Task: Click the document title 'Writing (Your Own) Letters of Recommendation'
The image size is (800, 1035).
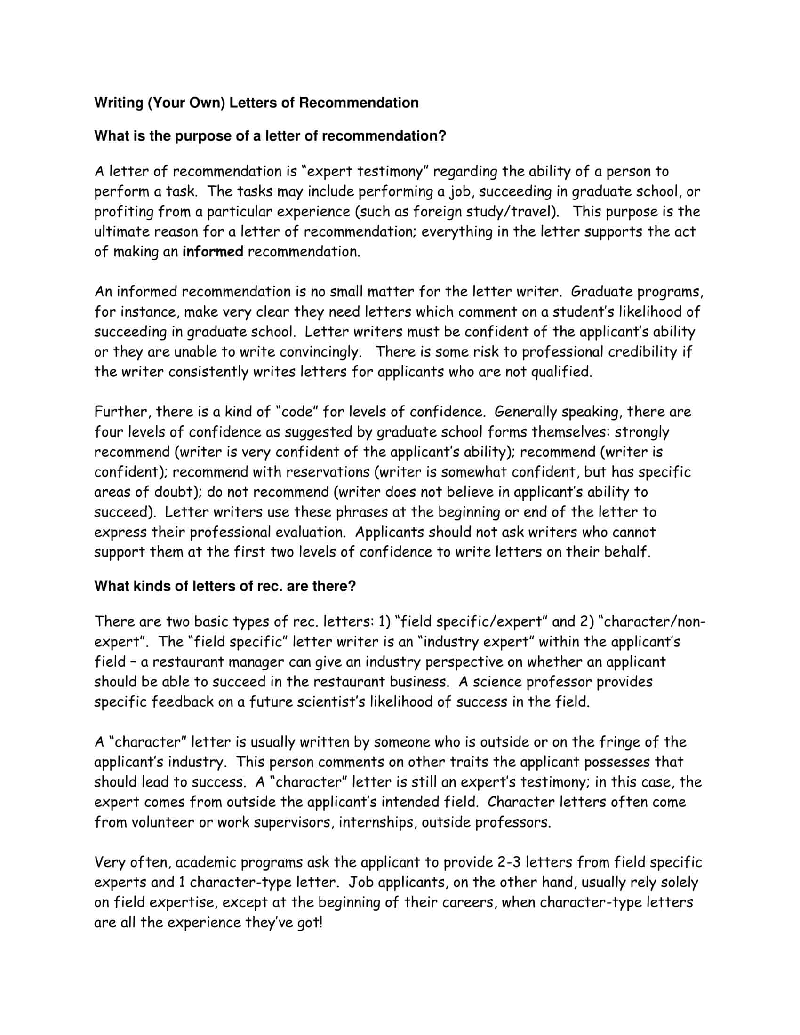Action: (x=256, y=103)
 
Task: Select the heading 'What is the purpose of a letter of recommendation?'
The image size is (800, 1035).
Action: (x=270, y=136)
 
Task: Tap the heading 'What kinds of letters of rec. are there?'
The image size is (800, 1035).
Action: (x=224, y=586)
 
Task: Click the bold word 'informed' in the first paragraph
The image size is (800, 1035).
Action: (x=213, y=252)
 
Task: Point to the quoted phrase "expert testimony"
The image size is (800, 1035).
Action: (x=364, y=172)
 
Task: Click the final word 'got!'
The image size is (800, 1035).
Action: (x=310, y=922)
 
